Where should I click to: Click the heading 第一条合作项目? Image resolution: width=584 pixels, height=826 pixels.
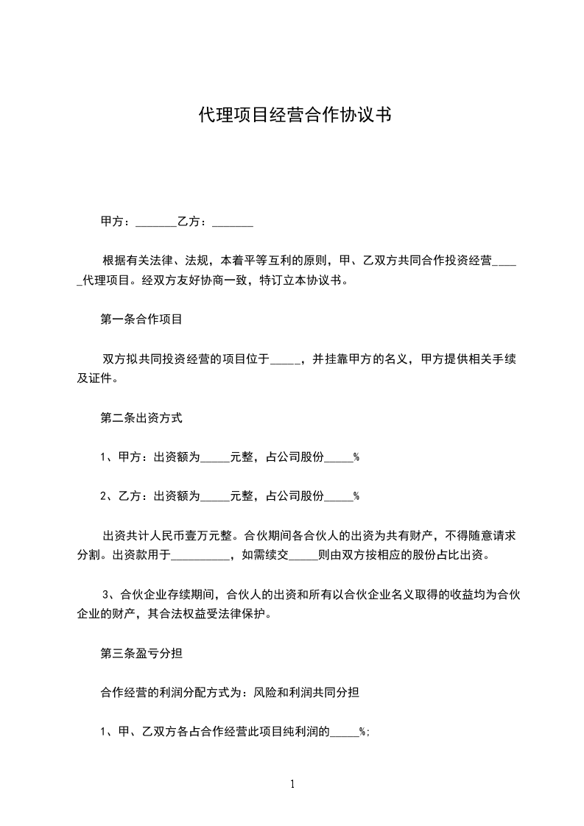point(141,320)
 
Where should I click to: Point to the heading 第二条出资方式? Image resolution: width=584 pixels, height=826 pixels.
point(141,417)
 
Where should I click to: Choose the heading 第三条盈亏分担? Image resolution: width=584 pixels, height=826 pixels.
point(141,652)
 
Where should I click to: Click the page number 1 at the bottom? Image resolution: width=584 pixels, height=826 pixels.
point(292,784)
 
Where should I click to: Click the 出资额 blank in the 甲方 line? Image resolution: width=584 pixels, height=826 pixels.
point(215,457)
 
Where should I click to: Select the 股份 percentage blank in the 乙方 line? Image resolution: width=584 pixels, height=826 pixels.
point(339,496)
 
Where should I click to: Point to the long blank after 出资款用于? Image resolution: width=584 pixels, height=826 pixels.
point(200,555)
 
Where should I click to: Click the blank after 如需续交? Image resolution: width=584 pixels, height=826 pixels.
point(303,555)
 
